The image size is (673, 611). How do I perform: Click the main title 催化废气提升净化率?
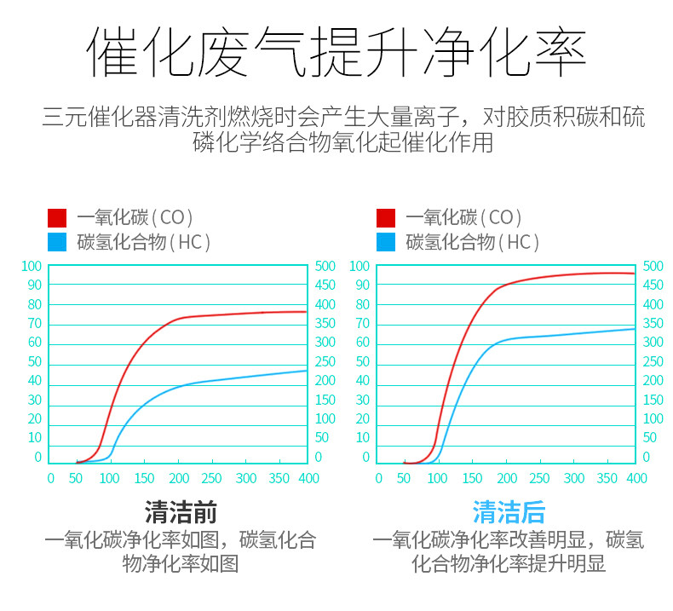tap(336, 53)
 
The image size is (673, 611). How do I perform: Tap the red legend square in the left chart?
tap(57, 218)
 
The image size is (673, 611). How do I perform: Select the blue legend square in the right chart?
tap(386, 243)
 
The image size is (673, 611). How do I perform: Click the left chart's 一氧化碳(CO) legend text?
tap(135, 218)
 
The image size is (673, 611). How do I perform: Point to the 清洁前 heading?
tap(181, 512)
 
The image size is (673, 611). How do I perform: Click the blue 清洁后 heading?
tap(509, 512)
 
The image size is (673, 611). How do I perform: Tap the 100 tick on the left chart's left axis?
tap(32, 267)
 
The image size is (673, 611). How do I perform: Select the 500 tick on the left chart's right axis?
tap(325, 267)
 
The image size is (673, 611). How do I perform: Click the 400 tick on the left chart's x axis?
tap(308, 479)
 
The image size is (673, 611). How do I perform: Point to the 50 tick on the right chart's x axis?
tap(403, 479)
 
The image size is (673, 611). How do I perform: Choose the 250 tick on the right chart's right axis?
tap(653, 362)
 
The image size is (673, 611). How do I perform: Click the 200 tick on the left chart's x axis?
tap(179, 479)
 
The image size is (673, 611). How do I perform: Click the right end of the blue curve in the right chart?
tap(635, 329)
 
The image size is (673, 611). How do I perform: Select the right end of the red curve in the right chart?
tap(635, 274)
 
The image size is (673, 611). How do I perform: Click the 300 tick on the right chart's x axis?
tap(574, 479)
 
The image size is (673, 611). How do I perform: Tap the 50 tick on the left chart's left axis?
tap(34, 362)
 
